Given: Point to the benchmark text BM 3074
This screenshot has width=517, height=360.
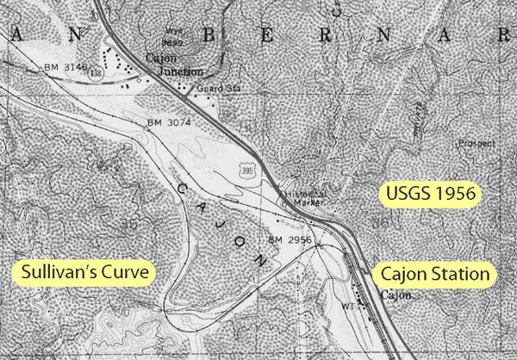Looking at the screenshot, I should point(170,122).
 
